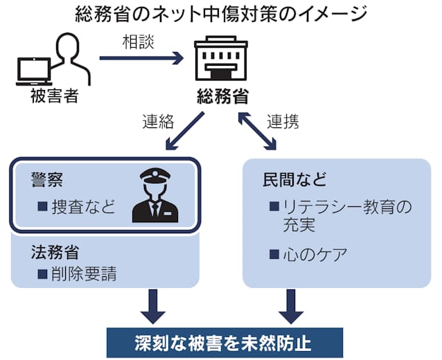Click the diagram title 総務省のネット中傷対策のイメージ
(x=220, y=14)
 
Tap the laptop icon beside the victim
(x=35, y=71)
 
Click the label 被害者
(x=54, y=96)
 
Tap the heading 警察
(x=47, y=180)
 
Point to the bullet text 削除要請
(x=79, y=273)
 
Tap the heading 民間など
(x=294, y=180)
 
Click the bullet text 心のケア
(x=313, y=254)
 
